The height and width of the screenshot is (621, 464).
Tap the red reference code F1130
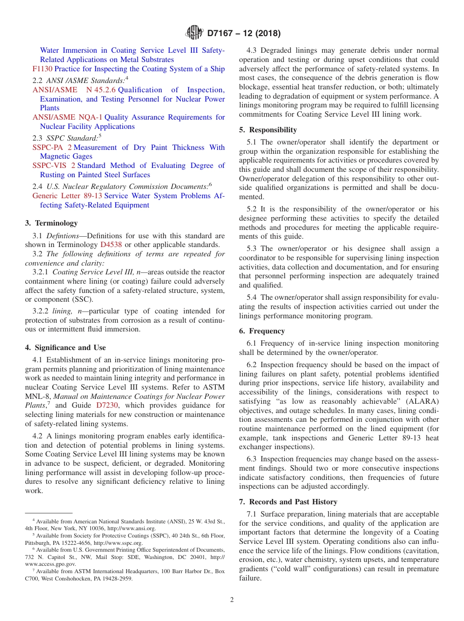click(x=42, y=69)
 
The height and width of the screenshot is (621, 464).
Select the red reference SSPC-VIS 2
click(x=54, y=166)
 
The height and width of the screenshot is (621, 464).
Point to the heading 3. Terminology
click(x=51, y=223)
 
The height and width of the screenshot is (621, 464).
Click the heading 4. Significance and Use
click(x=65, y=348)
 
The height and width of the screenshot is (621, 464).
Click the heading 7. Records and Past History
click(x=288, y=502)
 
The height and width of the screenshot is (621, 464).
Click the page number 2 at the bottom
click(x=232, y=600)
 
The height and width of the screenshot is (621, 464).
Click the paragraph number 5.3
click(x=252, y=248)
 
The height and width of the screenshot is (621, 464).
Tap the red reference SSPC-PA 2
click(x=52, y=147)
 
